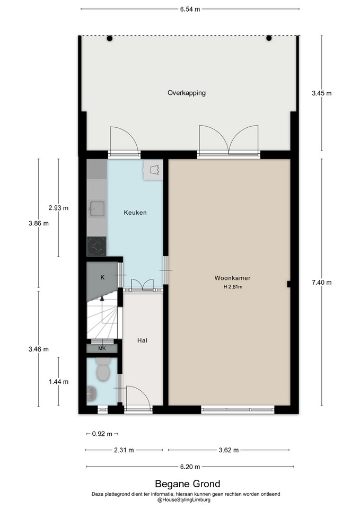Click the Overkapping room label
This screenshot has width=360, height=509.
point(186,93)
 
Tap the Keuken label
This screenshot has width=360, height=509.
point(135,213)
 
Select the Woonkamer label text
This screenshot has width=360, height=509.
point(232,278)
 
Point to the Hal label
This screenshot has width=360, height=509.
point(142,340)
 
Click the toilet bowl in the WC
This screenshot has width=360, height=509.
point(103,370)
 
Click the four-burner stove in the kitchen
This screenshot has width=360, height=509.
point(96,247)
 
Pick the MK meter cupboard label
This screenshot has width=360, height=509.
point(102,349)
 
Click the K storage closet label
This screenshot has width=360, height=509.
point(102,277)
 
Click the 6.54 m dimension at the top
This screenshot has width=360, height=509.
point(190,9)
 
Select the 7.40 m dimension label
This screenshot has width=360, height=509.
point(322,283)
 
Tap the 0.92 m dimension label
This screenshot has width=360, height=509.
point(102,434)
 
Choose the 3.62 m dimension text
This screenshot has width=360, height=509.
point(229,450)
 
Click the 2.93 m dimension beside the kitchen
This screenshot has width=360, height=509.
point(58,208)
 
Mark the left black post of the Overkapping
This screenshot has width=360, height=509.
point(110,39)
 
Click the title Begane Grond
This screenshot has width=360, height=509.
point(188,484)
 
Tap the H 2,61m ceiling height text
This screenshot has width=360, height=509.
point(233,287)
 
